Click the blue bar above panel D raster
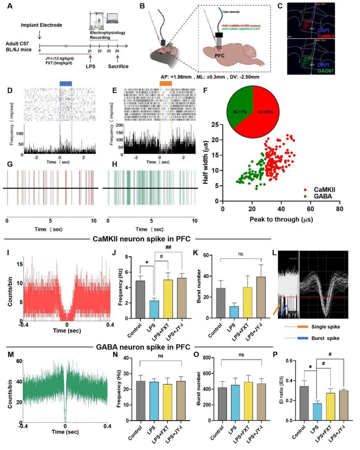click(x=65, y=84)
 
